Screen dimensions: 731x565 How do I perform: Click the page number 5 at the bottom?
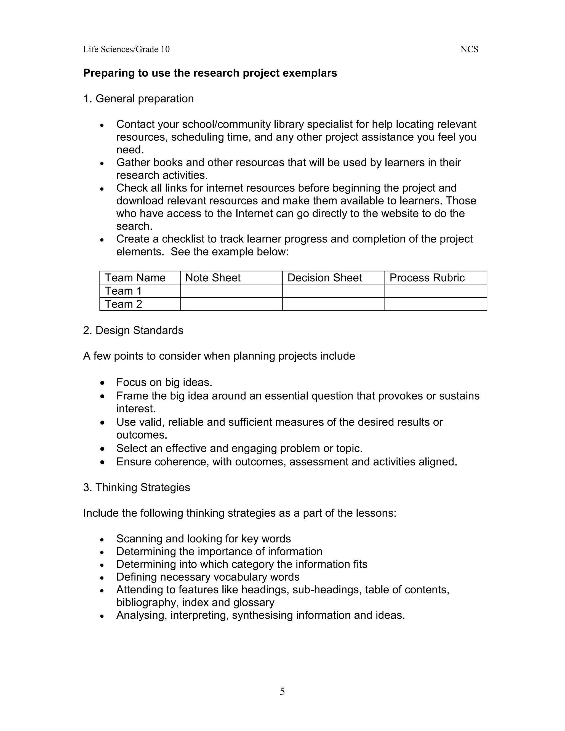[282, 691]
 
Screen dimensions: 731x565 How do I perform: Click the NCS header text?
[469, 50]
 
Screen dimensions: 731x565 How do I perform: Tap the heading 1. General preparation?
[138, 99]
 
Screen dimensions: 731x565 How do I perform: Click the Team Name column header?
[135, 278]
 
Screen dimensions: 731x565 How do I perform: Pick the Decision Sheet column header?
[324, 278]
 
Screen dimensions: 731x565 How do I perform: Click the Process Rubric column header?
[427, 278]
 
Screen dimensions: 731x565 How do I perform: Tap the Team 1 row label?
[123, 291]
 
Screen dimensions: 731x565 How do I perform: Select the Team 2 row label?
[123, 304]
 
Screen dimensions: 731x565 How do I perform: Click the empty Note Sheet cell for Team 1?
[231, 291]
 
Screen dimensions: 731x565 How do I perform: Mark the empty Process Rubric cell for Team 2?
[435, 304]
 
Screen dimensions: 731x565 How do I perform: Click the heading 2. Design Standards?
[133, 330]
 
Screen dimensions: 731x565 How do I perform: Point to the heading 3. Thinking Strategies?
[136, 487]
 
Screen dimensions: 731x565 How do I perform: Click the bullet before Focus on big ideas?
[102, 383]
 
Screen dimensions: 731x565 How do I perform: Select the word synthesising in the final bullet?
[262, 615]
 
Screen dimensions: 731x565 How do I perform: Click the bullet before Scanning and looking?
[102, 539]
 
